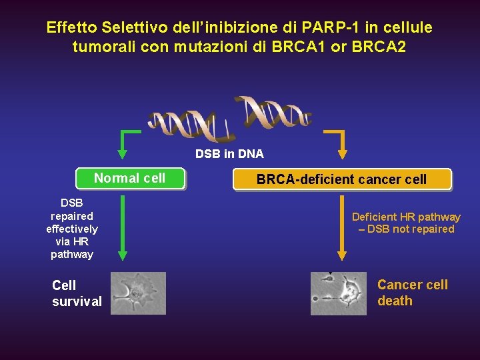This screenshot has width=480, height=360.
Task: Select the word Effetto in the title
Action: (72, 28)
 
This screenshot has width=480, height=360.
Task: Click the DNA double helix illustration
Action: (231, 117)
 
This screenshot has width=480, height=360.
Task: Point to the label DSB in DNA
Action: (229, 154)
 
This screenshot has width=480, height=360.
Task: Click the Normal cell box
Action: (130, 179)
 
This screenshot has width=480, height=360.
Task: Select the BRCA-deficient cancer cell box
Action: (342, 179)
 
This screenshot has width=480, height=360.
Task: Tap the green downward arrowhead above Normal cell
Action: (122, 153)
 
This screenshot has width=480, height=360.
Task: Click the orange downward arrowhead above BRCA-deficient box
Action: (342, 153)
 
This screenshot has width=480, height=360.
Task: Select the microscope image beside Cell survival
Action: (138, 293)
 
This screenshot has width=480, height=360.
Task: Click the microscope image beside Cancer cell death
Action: (339, 293)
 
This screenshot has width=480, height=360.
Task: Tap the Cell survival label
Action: (77, 293)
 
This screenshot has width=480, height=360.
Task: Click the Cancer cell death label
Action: (413, 293)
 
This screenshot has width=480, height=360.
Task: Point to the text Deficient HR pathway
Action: (406, 217)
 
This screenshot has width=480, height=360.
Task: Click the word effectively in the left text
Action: (72, 229)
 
